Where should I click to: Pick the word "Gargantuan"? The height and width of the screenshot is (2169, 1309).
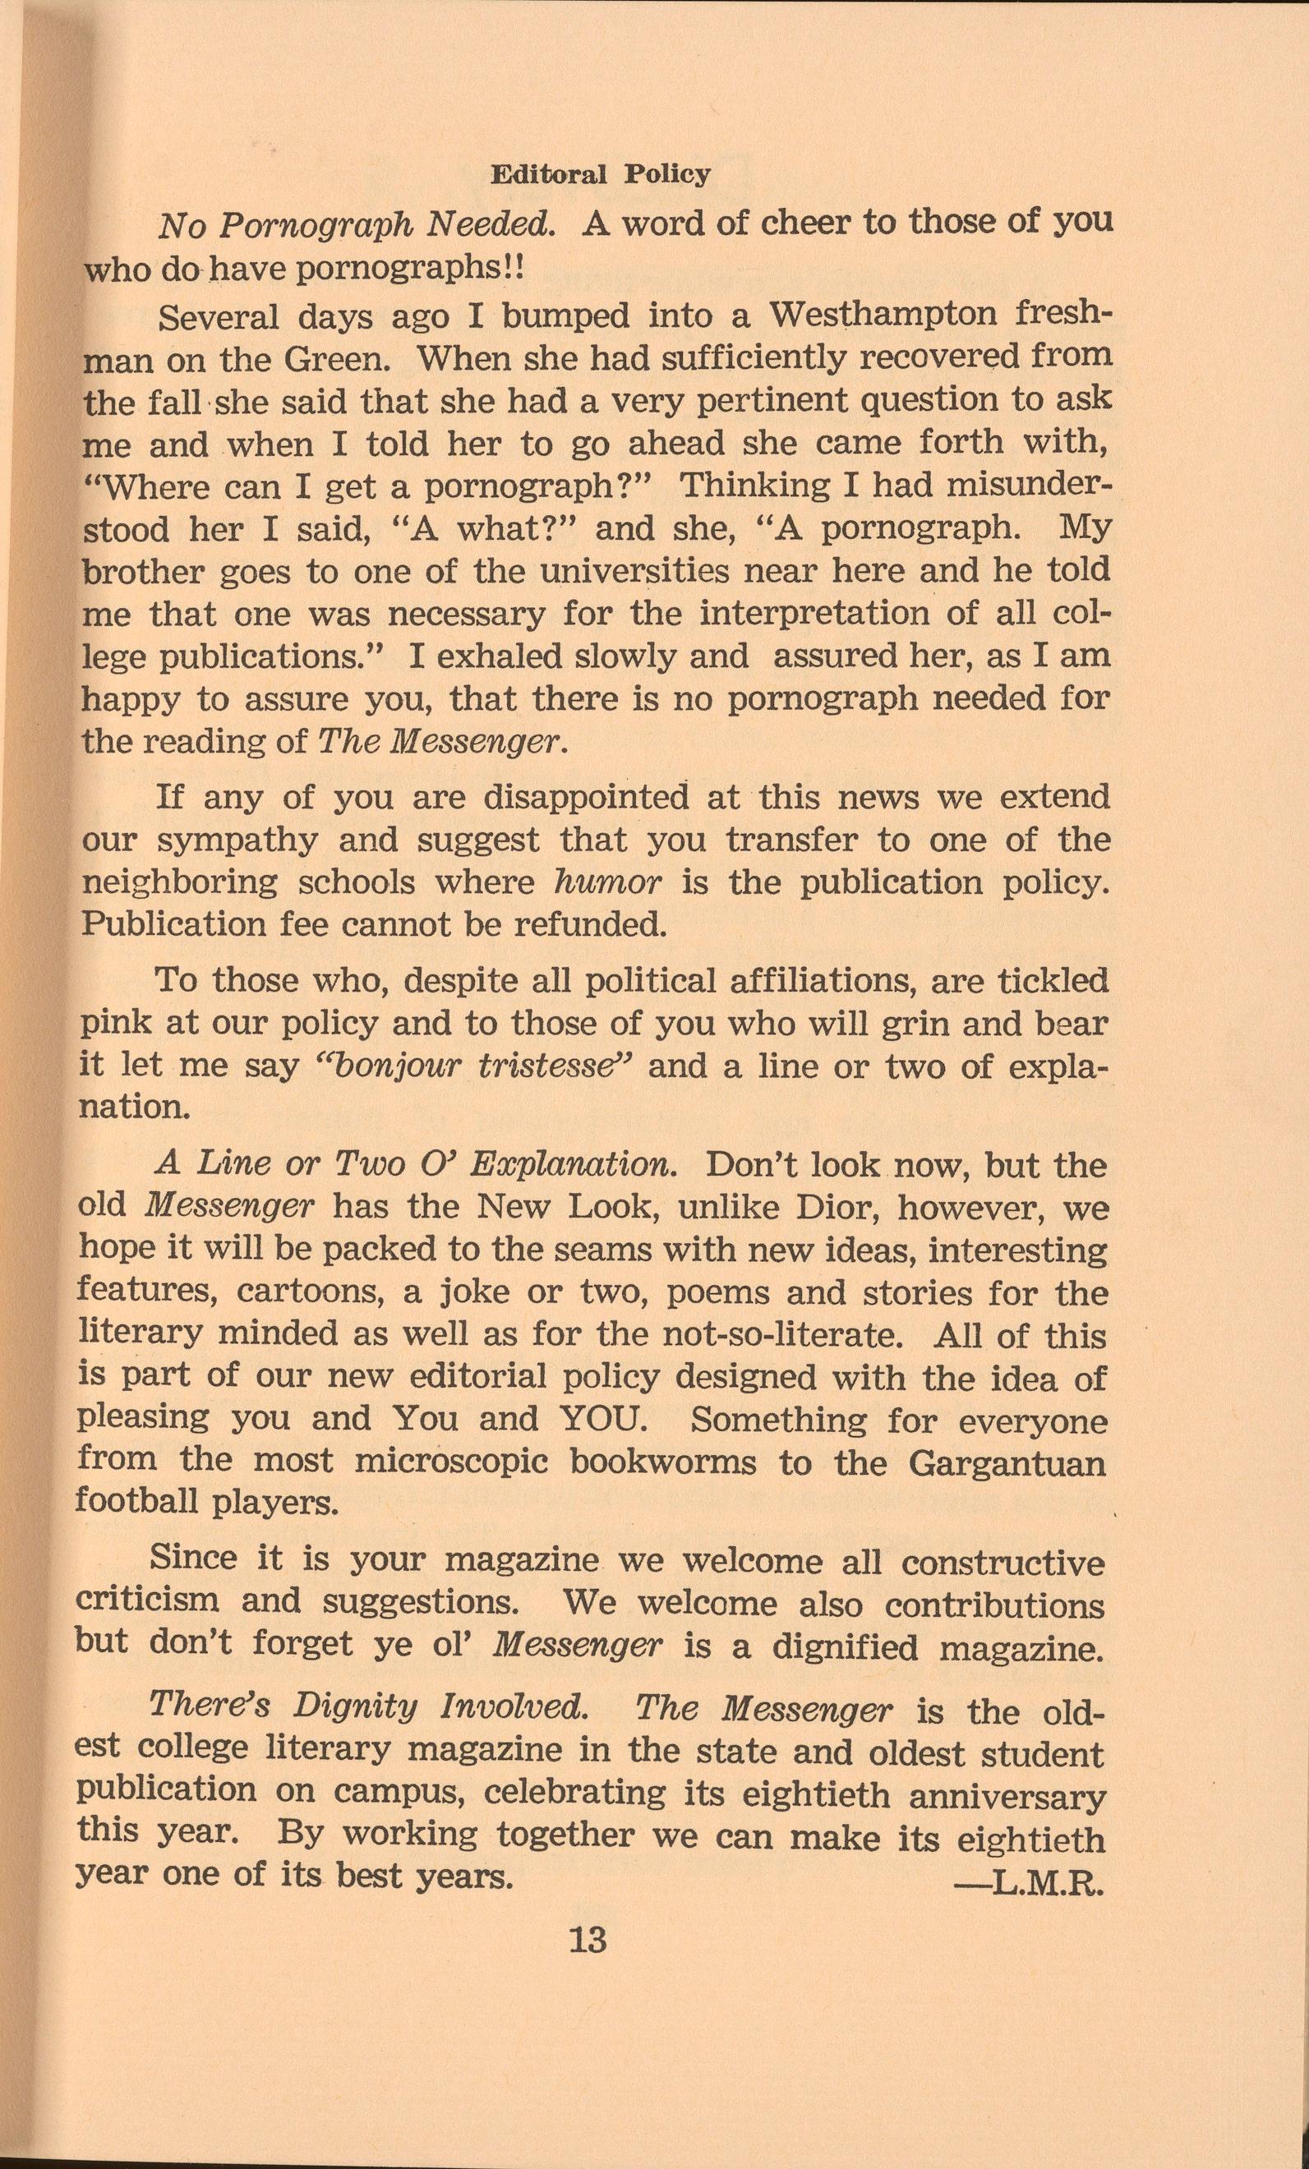click(x=1006, y=1463)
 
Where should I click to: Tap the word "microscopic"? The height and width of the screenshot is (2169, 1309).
click(x=452, y=1462)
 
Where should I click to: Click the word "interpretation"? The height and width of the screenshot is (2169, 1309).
click(x=815, y=614)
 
